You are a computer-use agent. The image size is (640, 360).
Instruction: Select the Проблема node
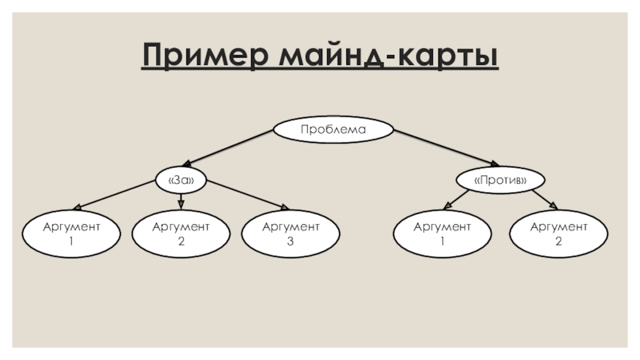pyautogui.click(x=333, y=130)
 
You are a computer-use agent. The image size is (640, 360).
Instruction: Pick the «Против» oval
pyautogui.click(x=500, y=180)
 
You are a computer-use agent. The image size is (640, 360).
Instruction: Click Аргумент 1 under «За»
pyautogui.click(x=71, y=234)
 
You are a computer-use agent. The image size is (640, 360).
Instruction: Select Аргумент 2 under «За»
pyautogui.click(x=181, y=234)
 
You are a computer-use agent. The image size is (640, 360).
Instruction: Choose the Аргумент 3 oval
pyautogui.click(x=290, y=234)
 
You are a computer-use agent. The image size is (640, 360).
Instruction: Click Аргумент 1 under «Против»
pyautogui.click(x=442, y=234)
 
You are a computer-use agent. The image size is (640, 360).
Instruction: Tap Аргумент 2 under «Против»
pyautogui.click(x=558, y=234)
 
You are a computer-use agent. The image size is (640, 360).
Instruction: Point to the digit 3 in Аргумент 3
pyautogui.click(x=290, y=242)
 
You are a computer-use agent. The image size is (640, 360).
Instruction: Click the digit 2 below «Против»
pyautogui.click(x=558, y=242)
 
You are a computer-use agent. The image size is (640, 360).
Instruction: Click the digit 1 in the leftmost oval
pyautogui.click(x=71, y=242)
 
